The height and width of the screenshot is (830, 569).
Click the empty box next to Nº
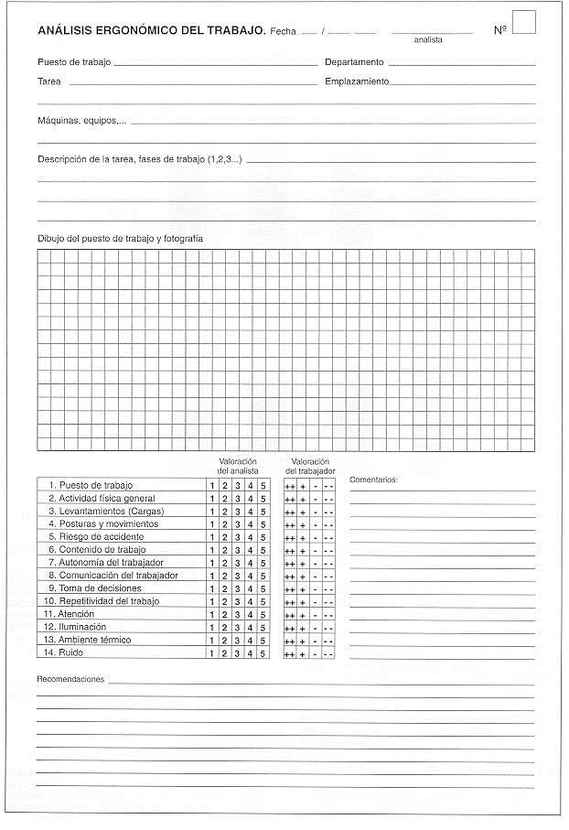click(x=523, y=22)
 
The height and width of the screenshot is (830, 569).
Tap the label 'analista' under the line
click(x=427, y=40)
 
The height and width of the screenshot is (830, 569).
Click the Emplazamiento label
click(x=357, y=81)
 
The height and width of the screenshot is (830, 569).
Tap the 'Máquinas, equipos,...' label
click(x=81, y=120)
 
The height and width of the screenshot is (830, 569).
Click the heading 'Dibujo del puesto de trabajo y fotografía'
click(x=120, y=239)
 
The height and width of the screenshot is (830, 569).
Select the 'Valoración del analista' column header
click(x=238, y=466)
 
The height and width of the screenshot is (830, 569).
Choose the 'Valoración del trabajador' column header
click(x=310, y=466)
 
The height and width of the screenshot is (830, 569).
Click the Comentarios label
click(x=374, y=480)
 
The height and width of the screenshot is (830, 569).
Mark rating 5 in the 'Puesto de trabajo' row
click(x=263, y=485)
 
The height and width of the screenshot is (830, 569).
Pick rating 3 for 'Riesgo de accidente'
click(x=238, y=536)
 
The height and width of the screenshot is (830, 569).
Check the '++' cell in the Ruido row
click(x=289, y=654)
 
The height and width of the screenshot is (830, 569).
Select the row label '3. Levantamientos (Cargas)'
click(x=106, y=511)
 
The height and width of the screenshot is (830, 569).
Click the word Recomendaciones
click(x=70, y=680)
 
